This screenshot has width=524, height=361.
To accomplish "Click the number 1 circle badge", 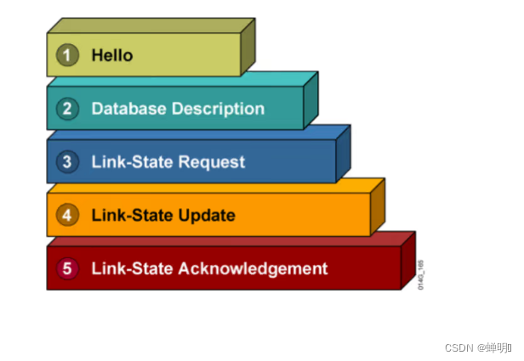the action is coord(67,56).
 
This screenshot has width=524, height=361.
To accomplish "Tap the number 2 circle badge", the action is coord(67,109).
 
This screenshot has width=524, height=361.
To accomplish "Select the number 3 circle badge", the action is coord(67,161).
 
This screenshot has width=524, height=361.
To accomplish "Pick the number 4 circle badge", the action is coord(67,215).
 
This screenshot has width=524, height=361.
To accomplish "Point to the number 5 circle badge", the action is coord(67,268).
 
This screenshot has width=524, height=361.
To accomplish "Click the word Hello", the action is coord(112,56).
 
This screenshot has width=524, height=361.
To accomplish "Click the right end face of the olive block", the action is coord(248,47).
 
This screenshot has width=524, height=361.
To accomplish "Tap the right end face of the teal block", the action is coord(310,99).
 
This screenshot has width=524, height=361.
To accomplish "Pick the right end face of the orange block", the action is coord(377,206).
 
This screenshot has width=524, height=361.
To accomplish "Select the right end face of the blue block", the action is coord(343,153).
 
